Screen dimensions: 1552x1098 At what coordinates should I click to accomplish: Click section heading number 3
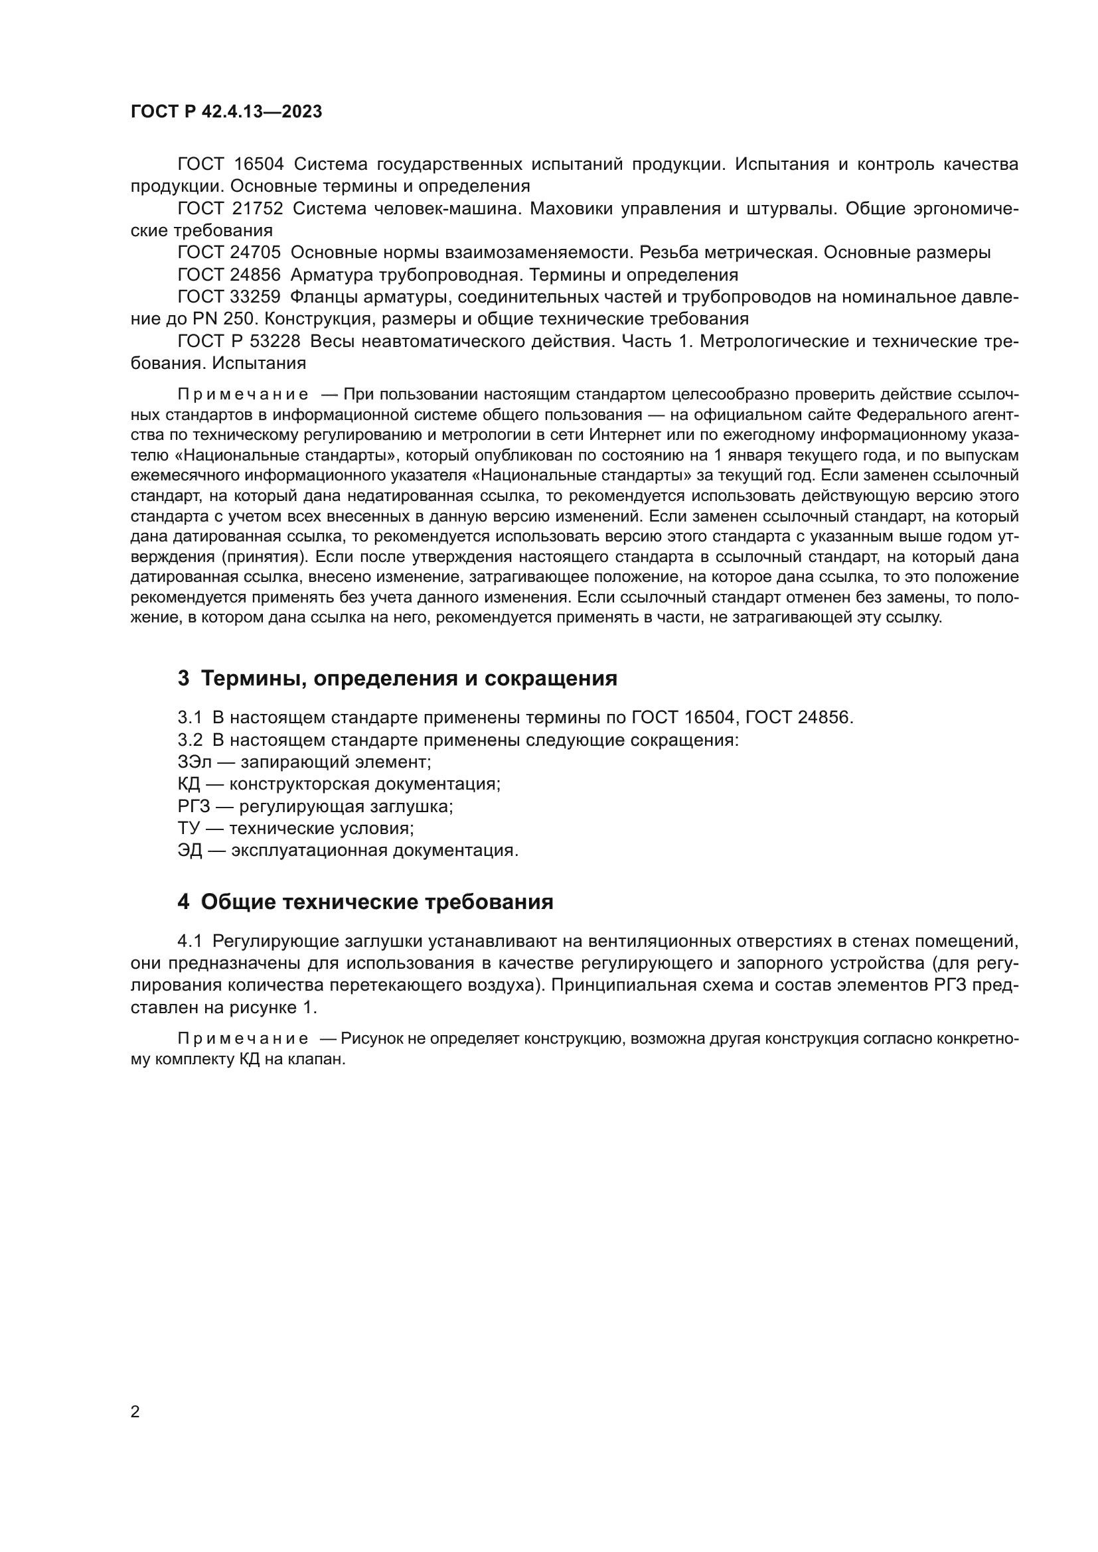183,679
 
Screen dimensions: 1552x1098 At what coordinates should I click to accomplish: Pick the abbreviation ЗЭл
195,762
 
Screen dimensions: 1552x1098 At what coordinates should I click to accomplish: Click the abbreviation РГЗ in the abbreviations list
193,806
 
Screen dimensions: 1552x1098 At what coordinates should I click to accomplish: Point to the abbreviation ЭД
189,851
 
